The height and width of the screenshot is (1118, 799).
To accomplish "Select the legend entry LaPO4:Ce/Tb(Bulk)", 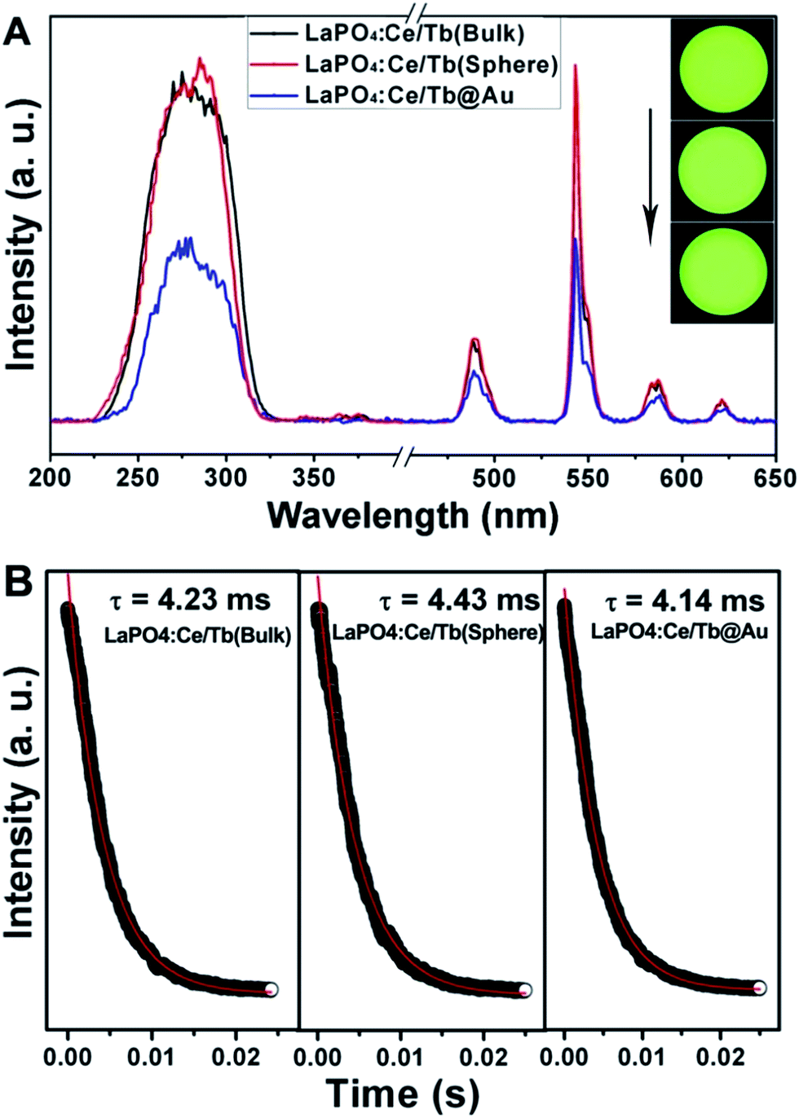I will pos(414,33).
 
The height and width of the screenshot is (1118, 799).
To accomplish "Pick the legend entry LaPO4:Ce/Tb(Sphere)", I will pos(430,64).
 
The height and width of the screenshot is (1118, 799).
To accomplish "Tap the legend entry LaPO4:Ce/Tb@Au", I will pos(409,95).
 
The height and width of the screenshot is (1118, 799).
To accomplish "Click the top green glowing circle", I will pos(722,69).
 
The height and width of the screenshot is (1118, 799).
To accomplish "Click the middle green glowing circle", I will pos(722,171).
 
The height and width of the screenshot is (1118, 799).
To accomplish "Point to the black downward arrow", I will pos(651,175).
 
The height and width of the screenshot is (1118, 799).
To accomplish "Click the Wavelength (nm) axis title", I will pos(413,516).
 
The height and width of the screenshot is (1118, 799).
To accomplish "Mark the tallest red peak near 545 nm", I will pos(576,67).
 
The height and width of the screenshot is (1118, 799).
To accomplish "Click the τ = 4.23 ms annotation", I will pos(189,601).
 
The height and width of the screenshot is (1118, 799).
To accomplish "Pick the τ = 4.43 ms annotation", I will pos(459,601).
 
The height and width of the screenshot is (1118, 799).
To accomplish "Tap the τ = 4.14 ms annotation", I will pos(685,601).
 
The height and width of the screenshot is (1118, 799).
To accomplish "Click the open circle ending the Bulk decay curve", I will pos(271,989).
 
